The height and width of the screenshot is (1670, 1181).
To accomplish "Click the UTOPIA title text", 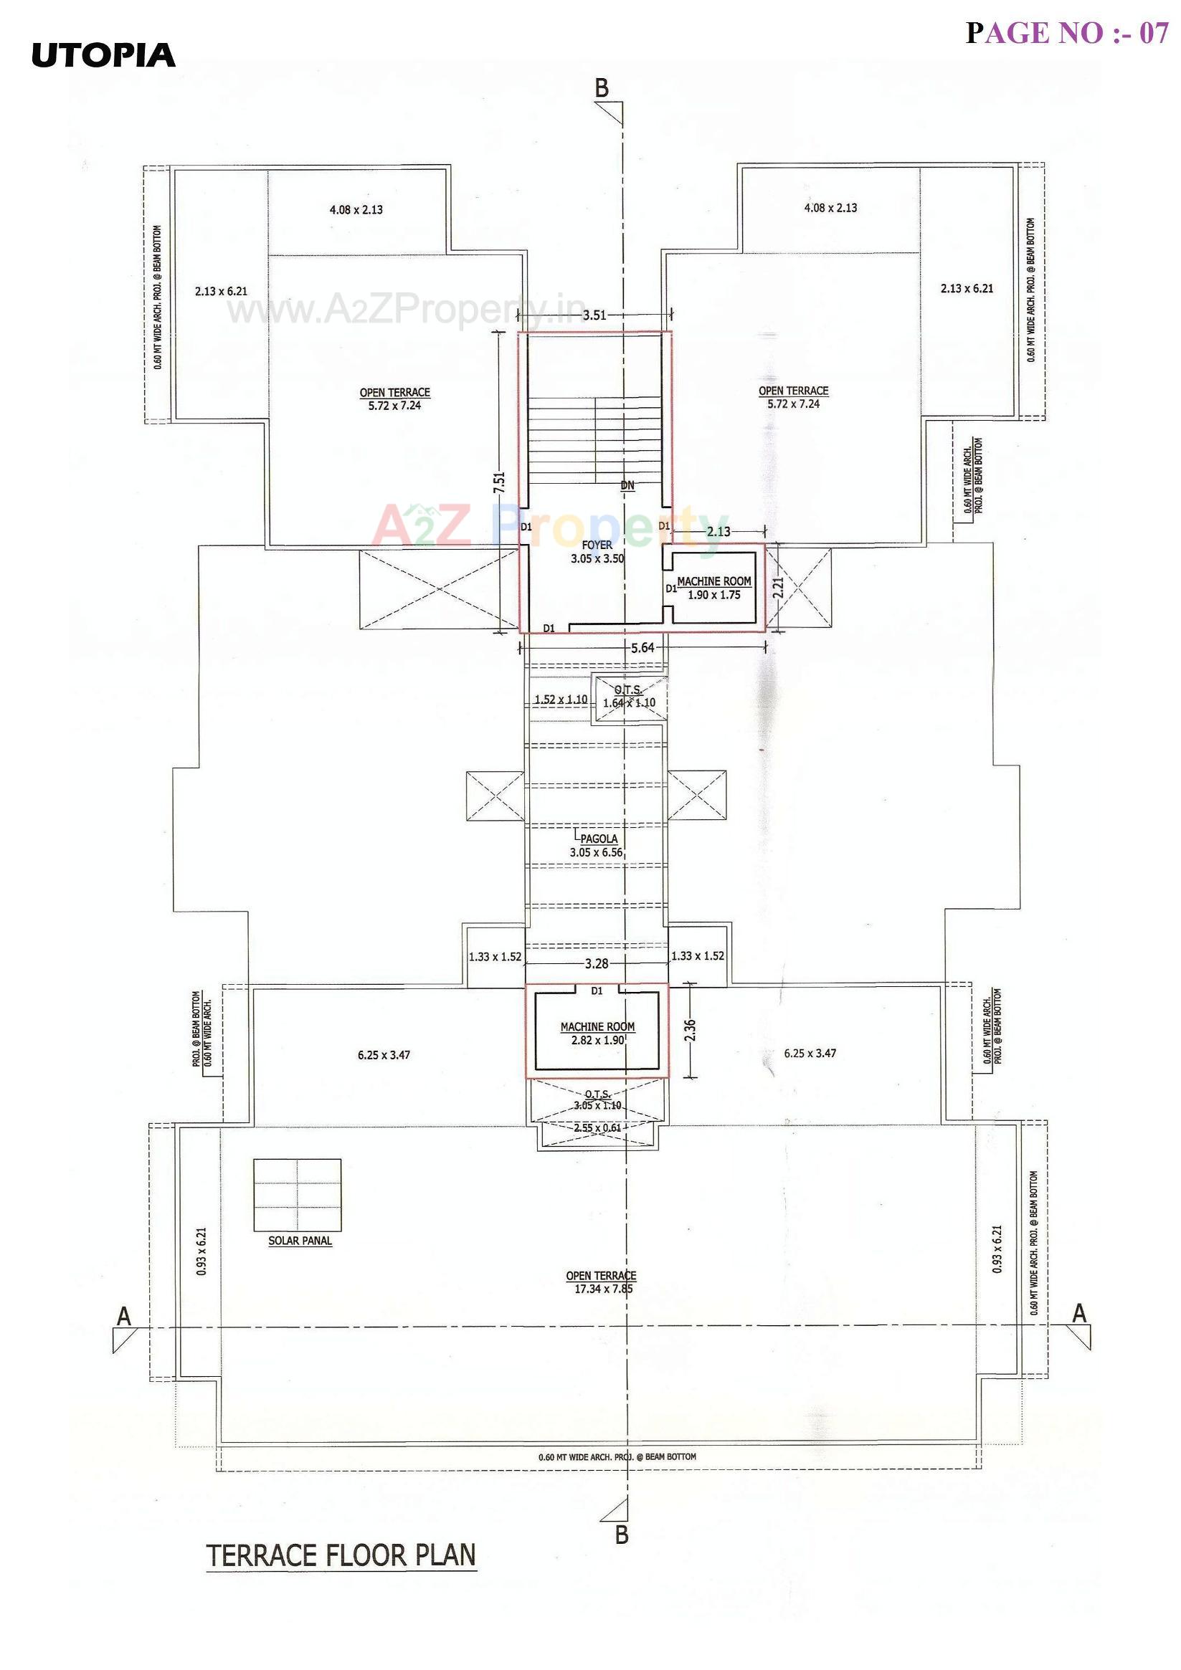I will pos(103,56).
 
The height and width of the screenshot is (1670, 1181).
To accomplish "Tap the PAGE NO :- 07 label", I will pos(1066,34).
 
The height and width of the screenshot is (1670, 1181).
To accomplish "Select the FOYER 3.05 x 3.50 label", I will pos(597,552).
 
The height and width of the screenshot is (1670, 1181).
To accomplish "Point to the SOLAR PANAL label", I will pos(300,1241).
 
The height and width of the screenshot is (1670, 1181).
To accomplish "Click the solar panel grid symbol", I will pos(297,1195).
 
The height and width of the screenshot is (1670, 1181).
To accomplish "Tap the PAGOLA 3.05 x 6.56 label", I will pos(597,845).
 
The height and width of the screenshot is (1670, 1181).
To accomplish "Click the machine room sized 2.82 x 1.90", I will pos(597,1034).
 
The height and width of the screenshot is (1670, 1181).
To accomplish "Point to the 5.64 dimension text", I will pos(642,648).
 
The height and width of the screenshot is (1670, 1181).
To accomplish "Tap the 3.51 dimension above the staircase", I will pos(594,315).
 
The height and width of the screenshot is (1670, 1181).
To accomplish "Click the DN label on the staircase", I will pos(627,485).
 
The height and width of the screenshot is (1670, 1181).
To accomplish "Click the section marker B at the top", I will pos(602,89).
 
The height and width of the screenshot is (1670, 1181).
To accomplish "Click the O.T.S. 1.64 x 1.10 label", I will pos(629,696).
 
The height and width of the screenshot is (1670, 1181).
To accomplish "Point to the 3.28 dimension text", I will pos(597,964).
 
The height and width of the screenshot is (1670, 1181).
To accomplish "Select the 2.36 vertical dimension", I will pos(690,1030).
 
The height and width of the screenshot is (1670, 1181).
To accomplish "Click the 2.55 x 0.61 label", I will pos(597,1128).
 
